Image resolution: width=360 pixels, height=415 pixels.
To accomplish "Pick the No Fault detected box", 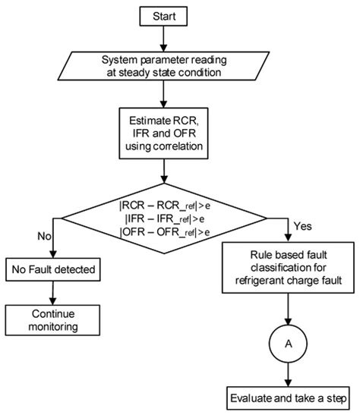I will [x=52, y=269].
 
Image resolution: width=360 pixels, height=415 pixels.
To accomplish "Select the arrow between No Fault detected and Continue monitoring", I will [x=52, y=291].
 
